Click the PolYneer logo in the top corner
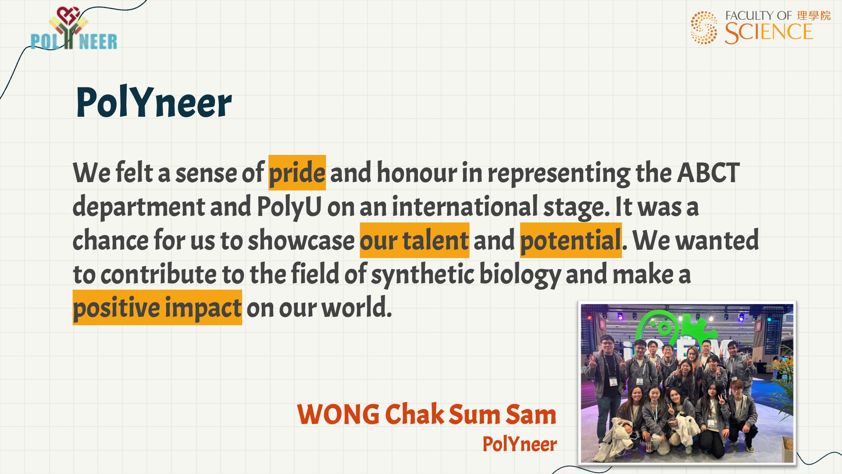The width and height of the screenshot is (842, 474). [74, 29]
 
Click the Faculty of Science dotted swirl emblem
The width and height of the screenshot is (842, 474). [704, 28]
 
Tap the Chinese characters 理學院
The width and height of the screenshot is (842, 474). [813, 16]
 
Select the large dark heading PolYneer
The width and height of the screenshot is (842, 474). [153, 102]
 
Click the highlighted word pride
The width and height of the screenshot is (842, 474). [297, 172]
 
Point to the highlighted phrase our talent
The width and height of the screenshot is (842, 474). [414, 241]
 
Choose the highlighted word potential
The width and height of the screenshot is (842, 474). [571, 241]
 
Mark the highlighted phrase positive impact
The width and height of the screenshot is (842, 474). [157, 308]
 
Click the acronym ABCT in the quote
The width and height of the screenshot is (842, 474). [708, 172]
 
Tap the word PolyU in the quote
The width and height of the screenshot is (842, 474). [289, 207]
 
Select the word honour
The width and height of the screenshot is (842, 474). [417, 172]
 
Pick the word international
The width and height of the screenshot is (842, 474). [465, 206]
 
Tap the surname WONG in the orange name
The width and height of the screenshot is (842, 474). [339, 414]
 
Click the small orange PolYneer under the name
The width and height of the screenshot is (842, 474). [520, 444]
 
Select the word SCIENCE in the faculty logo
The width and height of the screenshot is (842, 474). [769, 32]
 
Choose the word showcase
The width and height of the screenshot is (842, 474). [301, 241]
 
